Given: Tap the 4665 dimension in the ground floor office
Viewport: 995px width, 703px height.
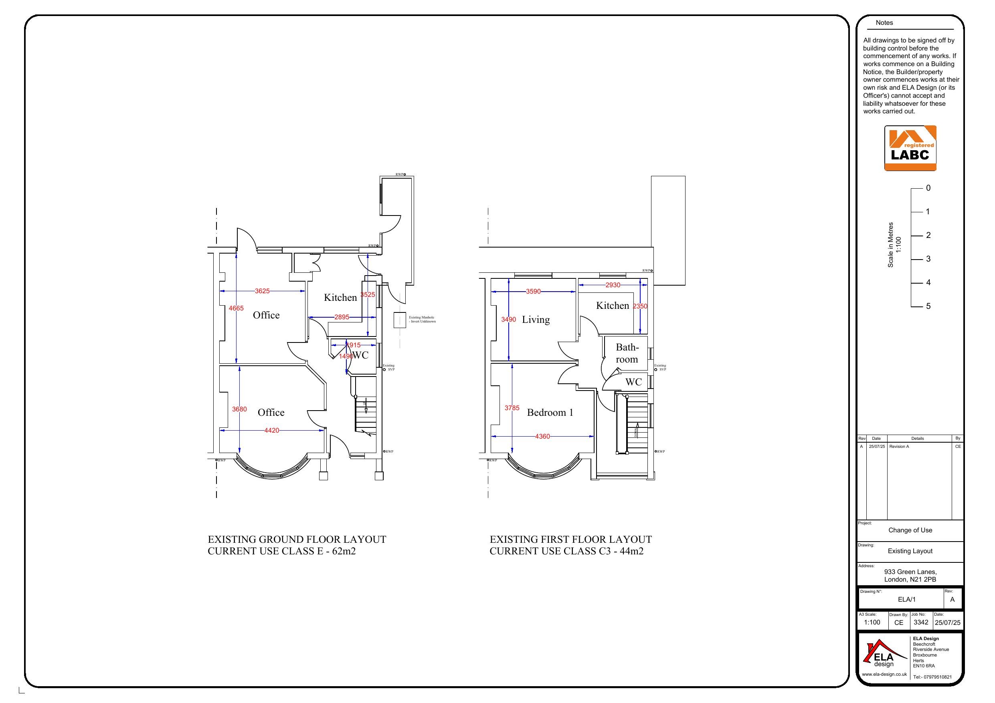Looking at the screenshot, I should [236, 308].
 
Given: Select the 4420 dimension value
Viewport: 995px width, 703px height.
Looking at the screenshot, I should [272, 431].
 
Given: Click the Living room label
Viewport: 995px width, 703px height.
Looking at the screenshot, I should [536, 320].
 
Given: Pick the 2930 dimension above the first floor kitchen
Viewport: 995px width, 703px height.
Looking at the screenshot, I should [613, 285].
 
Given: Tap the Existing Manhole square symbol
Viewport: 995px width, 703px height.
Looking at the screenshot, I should [400, 320].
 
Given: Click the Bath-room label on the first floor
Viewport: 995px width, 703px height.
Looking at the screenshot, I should [627, 353].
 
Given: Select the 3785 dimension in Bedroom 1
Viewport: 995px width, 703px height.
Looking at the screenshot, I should [512, 408].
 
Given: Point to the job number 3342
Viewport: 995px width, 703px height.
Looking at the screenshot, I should [920, 622].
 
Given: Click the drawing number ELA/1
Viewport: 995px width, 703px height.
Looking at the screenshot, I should [906, 600].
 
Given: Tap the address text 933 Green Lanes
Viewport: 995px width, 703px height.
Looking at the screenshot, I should [910, 572].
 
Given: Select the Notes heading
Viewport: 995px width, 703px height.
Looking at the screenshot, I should [884, 23].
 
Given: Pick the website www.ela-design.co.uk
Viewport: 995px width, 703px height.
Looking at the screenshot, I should [884, 675].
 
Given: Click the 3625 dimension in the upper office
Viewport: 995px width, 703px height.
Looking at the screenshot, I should [262, 291].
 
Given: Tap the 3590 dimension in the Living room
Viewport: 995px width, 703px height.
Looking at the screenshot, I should [534, 292].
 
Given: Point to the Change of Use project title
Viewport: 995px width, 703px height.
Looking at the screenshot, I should [910, 530].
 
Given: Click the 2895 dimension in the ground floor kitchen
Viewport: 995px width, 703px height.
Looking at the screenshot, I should [342, 317].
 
